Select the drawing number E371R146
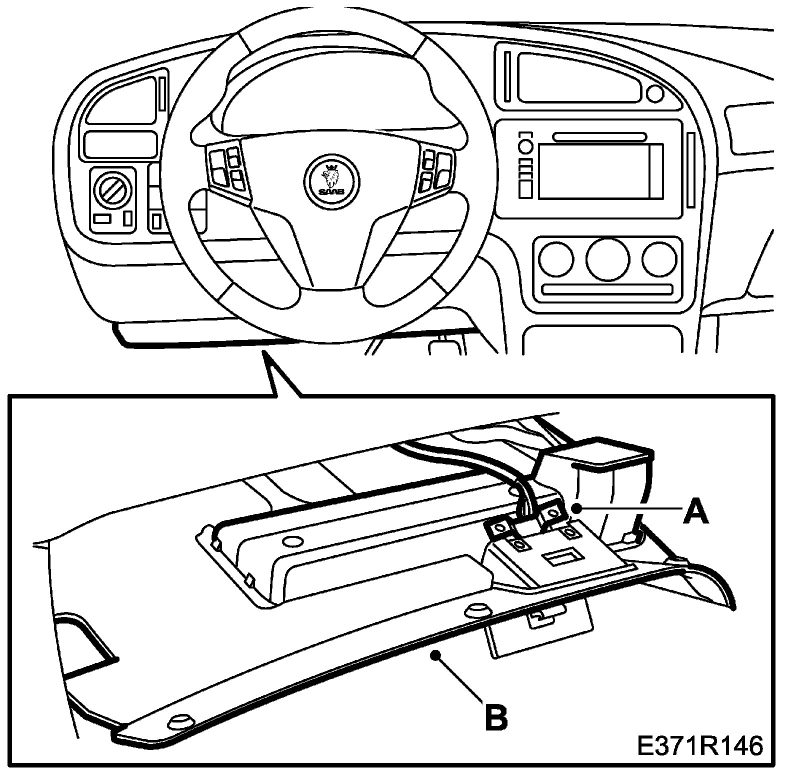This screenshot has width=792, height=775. coord(699,746)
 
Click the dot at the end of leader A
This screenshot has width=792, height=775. coord(577,508)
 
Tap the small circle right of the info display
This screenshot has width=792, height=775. coord(654,93)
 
